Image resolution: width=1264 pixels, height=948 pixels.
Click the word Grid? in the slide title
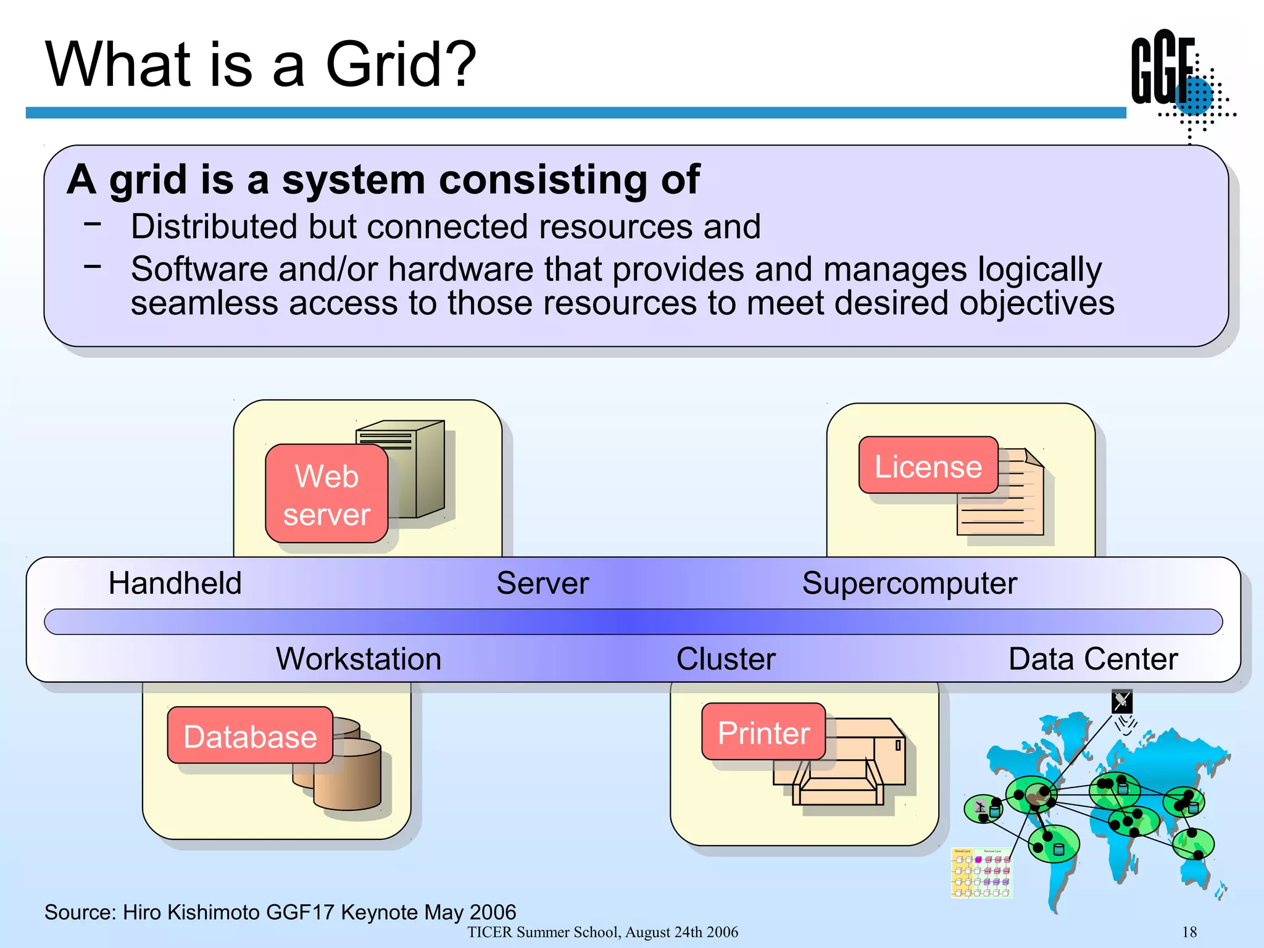click(401, 65)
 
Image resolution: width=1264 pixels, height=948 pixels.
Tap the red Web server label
click(326, 494)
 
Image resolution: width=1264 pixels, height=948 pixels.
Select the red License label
click(928, 466)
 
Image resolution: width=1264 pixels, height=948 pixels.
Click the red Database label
click(250, 736)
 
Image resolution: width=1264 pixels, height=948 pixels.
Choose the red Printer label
click(763, 733)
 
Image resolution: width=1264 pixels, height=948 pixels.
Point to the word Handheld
click(175, 583)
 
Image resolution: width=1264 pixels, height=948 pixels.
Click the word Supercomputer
click(909, 583)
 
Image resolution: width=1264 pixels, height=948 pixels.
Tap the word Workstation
click(359, 659)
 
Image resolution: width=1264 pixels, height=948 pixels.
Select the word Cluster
click(726, 659)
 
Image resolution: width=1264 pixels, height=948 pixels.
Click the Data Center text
click(1092, 659)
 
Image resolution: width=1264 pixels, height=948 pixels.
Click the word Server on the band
click(543, 583)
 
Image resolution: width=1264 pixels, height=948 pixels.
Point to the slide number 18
click(1189, 932)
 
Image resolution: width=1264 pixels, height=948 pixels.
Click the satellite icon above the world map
click(1122, 701)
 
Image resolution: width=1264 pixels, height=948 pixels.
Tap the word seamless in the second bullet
click(202, 303)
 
